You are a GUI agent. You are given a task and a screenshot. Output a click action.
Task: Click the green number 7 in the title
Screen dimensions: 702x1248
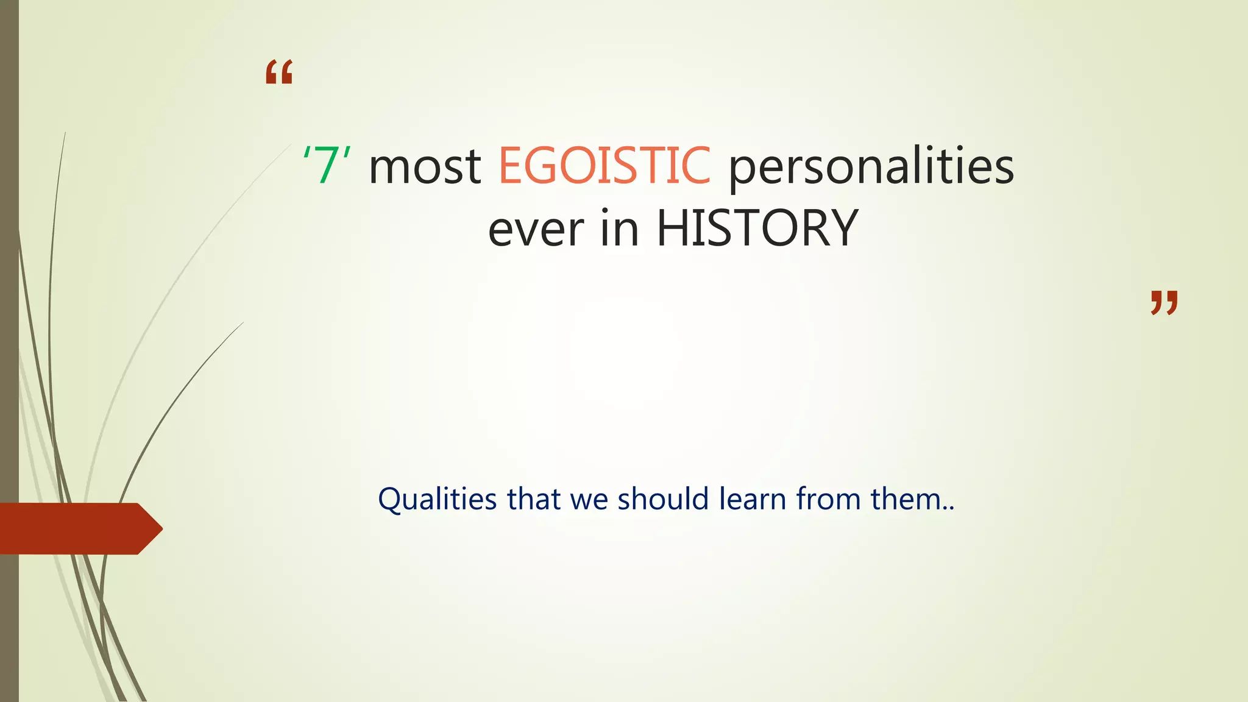coord(327,166)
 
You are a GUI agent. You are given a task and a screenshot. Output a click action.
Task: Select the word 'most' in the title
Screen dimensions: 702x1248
coord(425,167)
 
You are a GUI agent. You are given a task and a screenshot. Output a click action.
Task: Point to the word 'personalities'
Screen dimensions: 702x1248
coord(871,167)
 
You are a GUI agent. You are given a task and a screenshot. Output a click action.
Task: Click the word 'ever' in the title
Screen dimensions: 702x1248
coord(536,229)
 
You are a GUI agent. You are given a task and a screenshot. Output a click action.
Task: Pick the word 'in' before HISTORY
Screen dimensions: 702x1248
coord(620,228)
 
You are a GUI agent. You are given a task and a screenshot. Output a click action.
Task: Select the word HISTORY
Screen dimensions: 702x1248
coord(757,228)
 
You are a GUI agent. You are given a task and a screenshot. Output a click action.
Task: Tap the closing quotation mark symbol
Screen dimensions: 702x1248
coord(1164,303)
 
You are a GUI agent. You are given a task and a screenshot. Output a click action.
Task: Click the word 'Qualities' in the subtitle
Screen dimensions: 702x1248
coord(438,500)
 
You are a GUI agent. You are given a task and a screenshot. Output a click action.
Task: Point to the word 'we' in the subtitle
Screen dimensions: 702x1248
coord(589,500)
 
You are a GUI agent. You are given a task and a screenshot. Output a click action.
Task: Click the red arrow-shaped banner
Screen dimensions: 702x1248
coord(73,529)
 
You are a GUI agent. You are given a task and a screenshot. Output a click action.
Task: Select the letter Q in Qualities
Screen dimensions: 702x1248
coord(391,500)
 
